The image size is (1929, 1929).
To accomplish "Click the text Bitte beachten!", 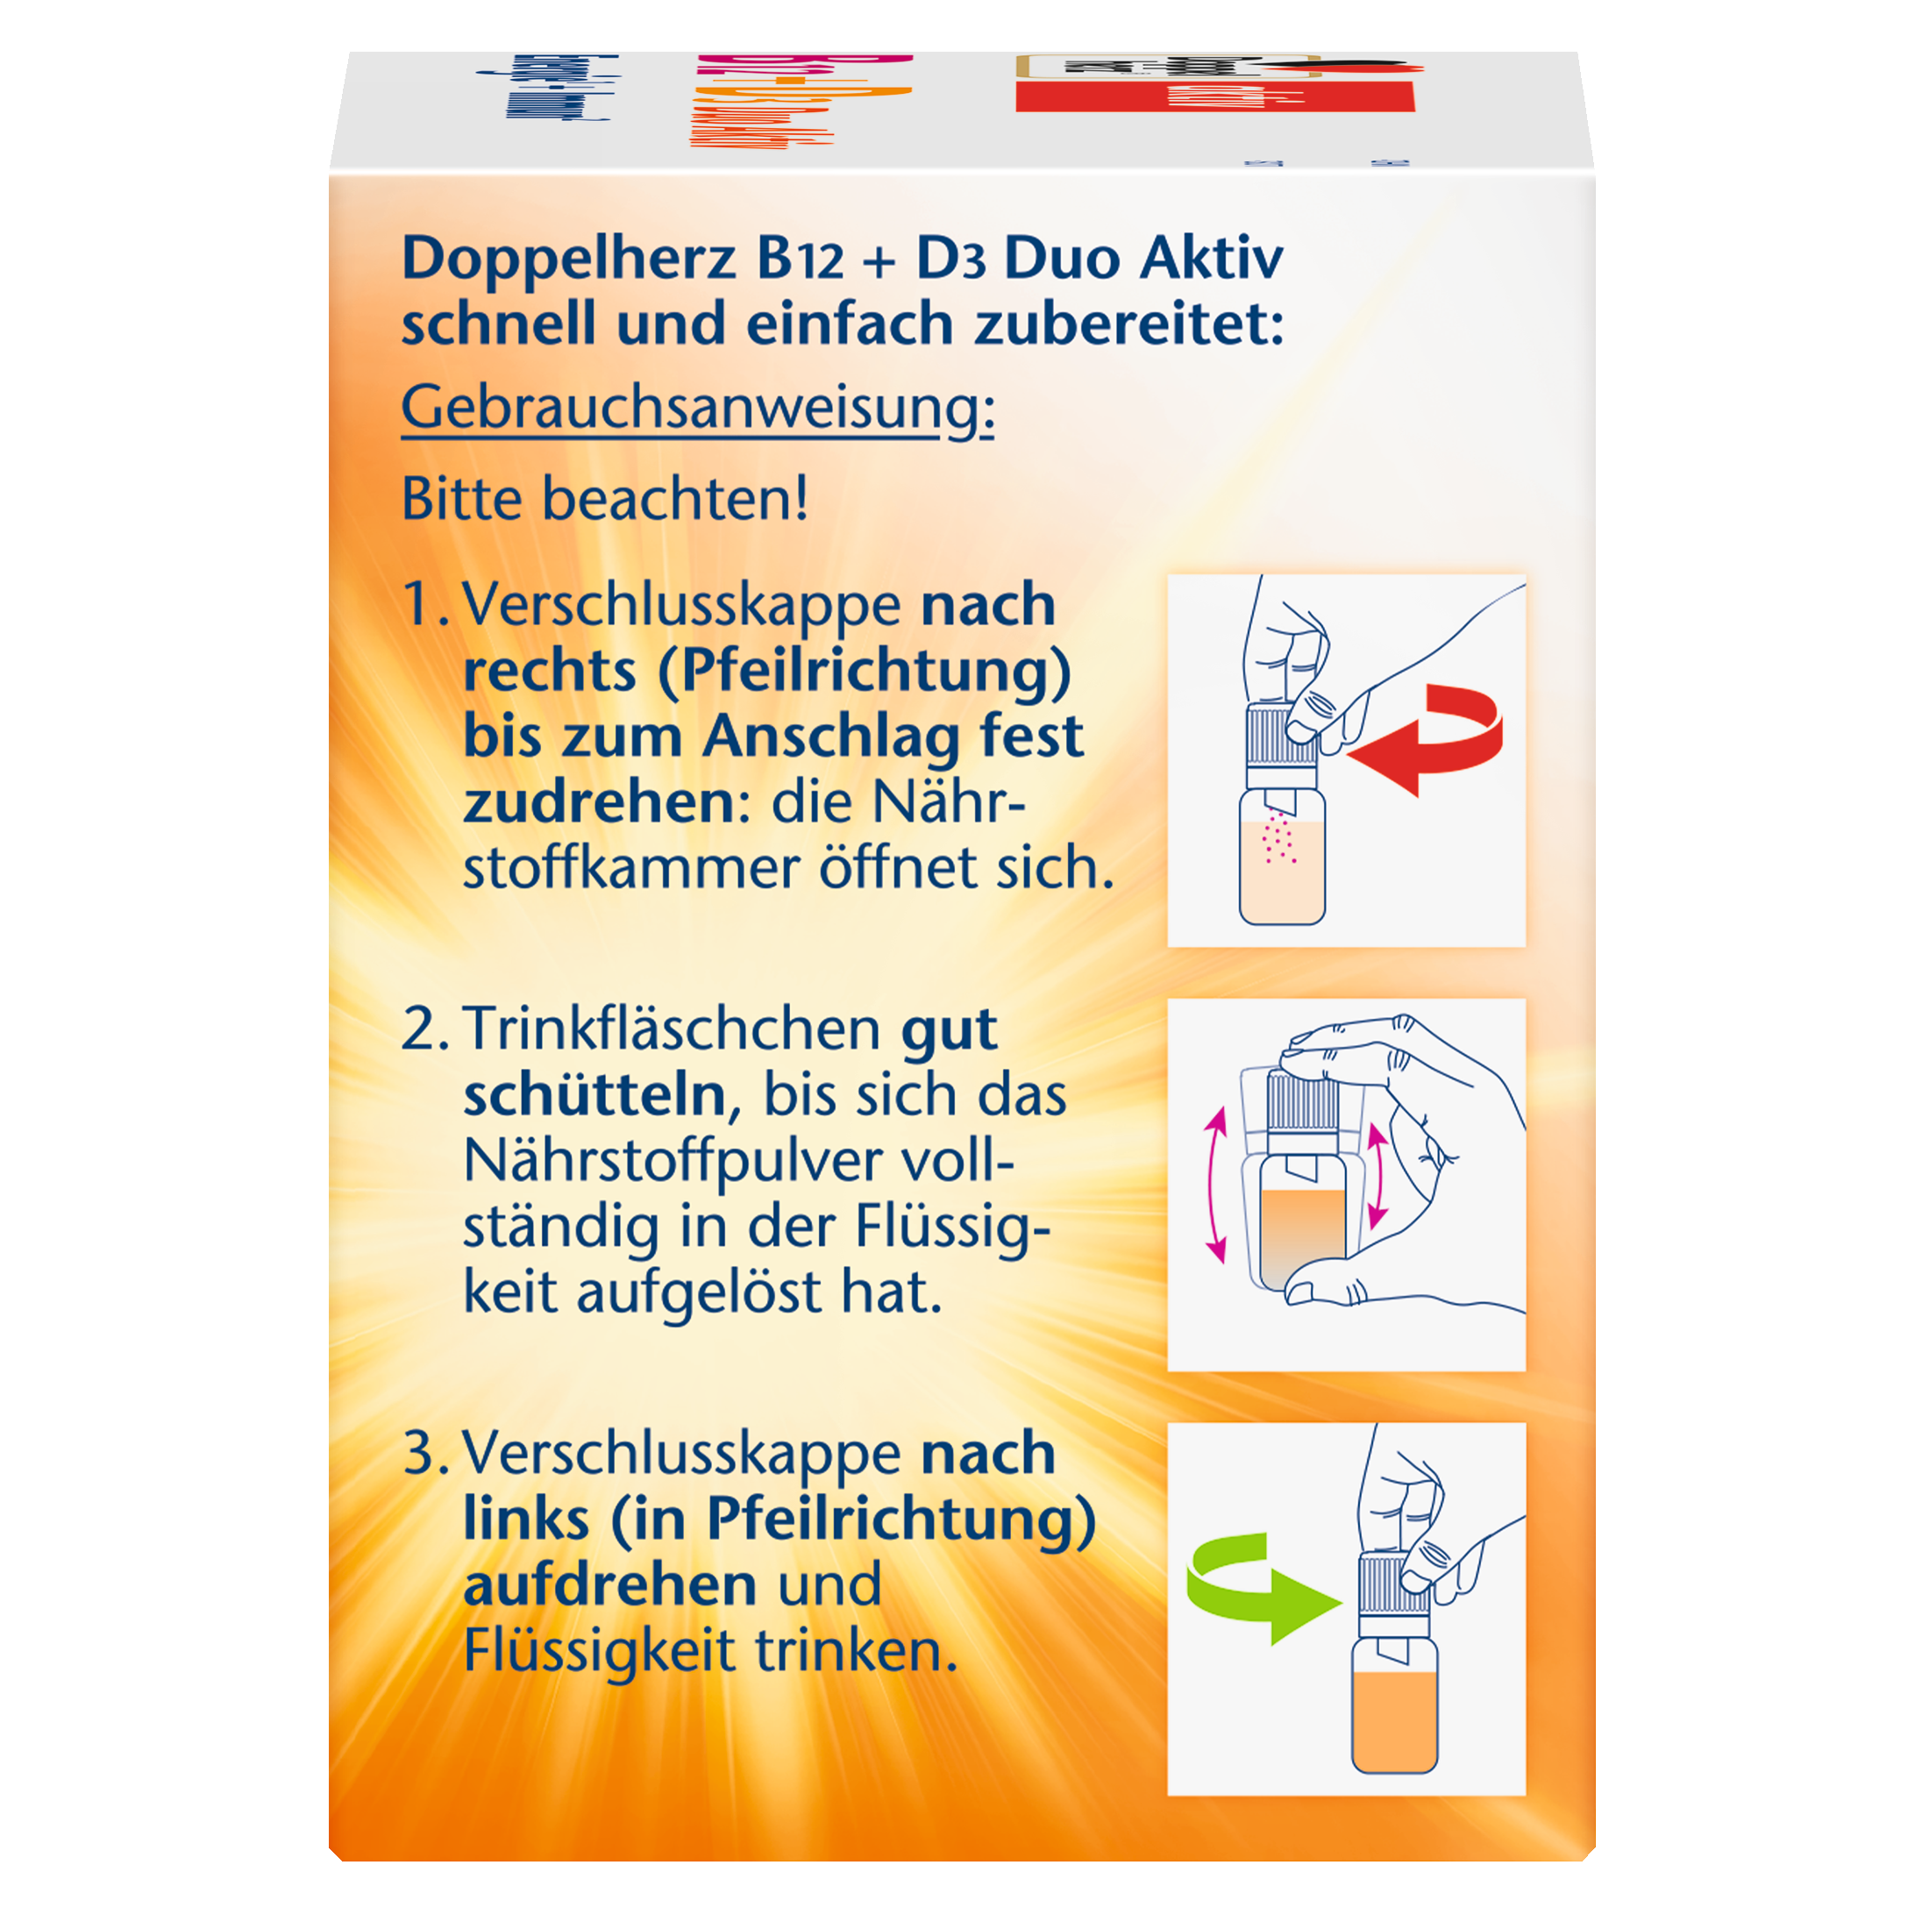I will (x=604, y=499).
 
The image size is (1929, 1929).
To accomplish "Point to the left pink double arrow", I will (x=1215, y=1187).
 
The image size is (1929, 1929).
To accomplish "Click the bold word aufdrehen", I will (x=610, y=1585).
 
